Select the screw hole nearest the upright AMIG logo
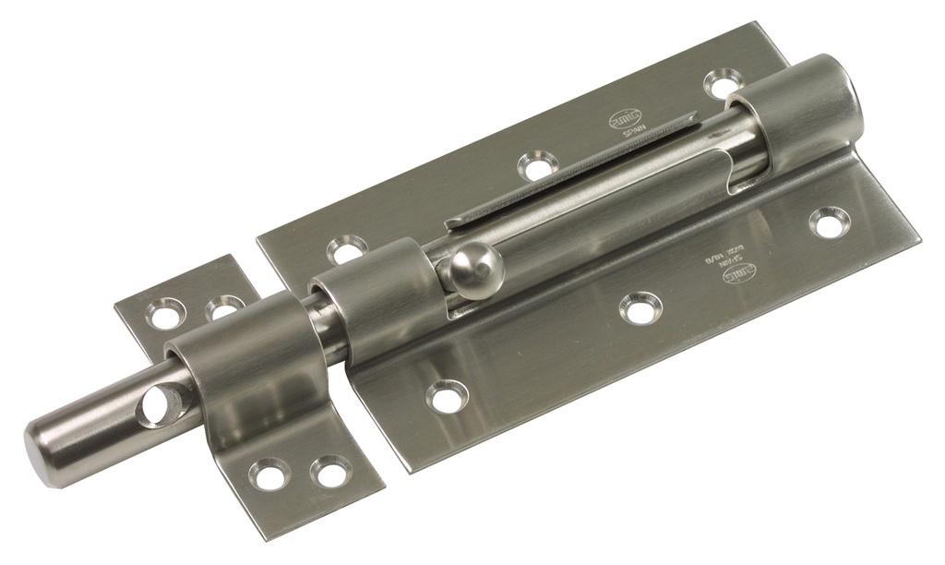coord(537,166)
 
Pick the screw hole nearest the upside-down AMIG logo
coord(828,221)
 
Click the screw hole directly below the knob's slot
coord(640,307)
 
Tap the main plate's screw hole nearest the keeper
coord(448,396)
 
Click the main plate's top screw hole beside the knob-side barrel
coord(347,249)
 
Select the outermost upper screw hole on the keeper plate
coord(166,315)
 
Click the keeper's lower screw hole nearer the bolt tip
coord(269,474)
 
